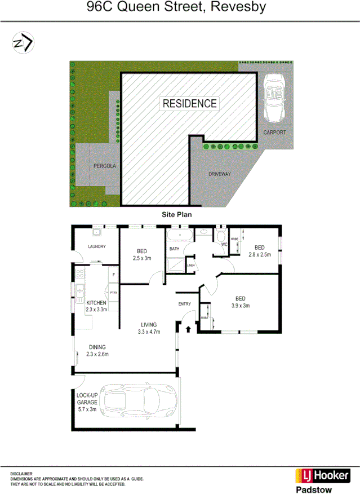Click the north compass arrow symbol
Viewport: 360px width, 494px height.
23,42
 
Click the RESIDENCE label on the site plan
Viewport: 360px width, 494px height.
189,103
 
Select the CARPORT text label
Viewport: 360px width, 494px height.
275,133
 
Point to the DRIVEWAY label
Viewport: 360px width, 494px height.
220,174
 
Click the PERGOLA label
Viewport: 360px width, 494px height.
105,166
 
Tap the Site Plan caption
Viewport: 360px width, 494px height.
177,214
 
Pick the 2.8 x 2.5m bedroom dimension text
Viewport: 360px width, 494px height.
260,254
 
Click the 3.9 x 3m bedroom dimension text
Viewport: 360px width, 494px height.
240,306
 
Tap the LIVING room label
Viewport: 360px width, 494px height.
149,324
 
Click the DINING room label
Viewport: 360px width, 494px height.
97,347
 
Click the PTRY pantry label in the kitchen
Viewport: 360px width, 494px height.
114,292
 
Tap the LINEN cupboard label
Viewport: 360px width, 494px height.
190,265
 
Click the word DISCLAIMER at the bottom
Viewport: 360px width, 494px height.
21,474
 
